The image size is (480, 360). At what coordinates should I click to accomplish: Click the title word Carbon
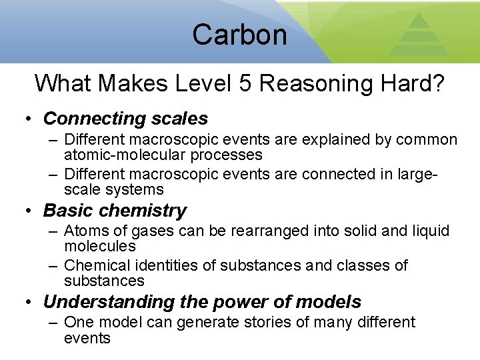point(239,35)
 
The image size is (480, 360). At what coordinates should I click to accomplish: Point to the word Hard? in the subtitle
point(413,84)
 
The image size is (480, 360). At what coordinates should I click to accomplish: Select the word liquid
point(431,231)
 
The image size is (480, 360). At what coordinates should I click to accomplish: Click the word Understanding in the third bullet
point(109,302)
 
